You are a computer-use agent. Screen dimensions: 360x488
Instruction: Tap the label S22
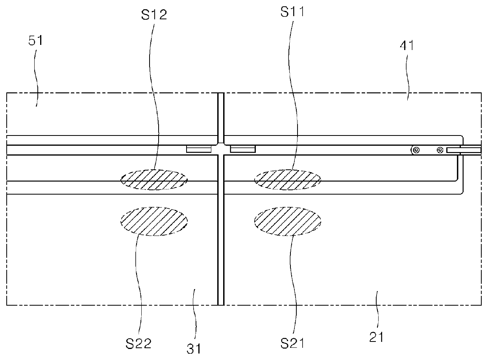coord(139,344)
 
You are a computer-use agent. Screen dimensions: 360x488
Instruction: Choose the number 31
coord(193,348)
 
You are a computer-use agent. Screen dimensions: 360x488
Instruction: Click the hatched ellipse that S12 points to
coord(154,180)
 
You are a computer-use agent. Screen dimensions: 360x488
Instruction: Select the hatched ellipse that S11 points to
coord(288,180)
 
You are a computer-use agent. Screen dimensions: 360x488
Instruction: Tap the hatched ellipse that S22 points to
coord(154,221)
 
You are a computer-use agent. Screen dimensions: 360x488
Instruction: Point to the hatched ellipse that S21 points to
coord(288,221)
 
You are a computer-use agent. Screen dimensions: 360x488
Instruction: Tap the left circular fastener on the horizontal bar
coord(416,150)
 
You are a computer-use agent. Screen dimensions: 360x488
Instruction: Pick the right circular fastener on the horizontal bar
coord(440,150)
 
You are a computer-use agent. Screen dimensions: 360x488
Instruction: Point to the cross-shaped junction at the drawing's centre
coord(221,150)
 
